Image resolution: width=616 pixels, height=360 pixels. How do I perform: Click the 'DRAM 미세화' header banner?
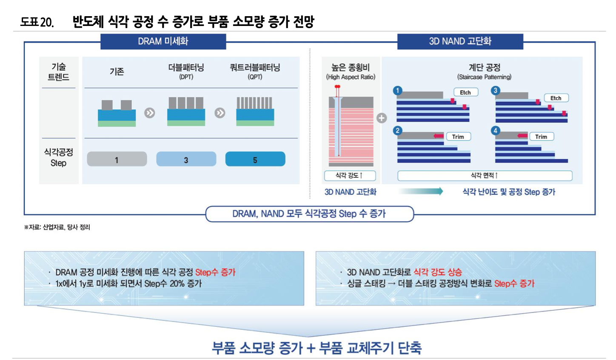(163, 41)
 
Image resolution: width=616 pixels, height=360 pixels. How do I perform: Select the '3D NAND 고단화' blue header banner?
(460, 41)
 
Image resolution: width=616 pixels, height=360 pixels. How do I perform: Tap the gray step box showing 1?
(117, 159)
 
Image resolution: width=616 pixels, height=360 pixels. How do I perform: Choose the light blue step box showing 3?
(186, 159)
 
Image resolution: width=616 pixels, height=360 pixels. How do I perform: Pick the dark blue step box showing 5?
(255, 159)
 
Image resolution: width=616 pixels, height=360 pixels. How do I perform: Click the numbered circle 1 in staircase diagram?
(397, 90)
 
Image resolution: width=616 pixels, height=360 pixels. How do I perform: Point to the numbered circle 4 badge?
(495, 131)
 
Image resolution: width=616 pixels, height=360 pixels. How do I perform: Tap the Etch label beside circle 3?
(556, 98)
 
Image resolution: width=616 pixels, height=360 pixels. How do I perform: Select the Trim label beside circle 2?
(458, 137)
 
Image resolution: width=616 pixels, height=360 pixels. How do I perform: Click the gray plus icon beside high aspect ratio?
(382, 118)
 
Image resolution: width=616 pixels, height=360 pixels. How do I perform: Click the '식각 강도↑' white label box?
(350, 175)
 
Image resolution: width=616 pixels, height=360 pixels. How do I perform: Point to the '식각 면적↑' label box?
(485, 175)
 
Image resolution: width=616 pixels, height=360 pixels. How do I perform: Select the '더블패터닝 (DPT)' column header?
(186, 71)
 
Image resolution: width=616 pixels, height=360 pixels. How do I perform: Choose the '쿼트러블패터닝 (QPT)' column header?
(255, 71)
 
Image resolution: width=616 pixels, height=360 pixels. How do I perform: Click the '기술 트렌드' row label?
(59, 71)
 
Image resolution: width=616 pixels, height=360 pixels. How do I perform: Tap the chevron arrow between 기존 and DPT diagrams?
(149, 113)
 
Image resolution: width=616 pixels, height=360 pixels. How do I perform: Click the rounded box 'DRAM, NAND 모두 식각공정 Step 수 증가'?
(309, 214)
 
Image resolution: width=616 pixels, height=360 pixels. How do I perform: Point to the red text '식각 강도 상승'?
(437, 272)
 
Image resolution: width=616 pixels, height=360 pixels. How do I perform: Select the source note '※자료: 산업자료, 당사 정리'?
(57, 227)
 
